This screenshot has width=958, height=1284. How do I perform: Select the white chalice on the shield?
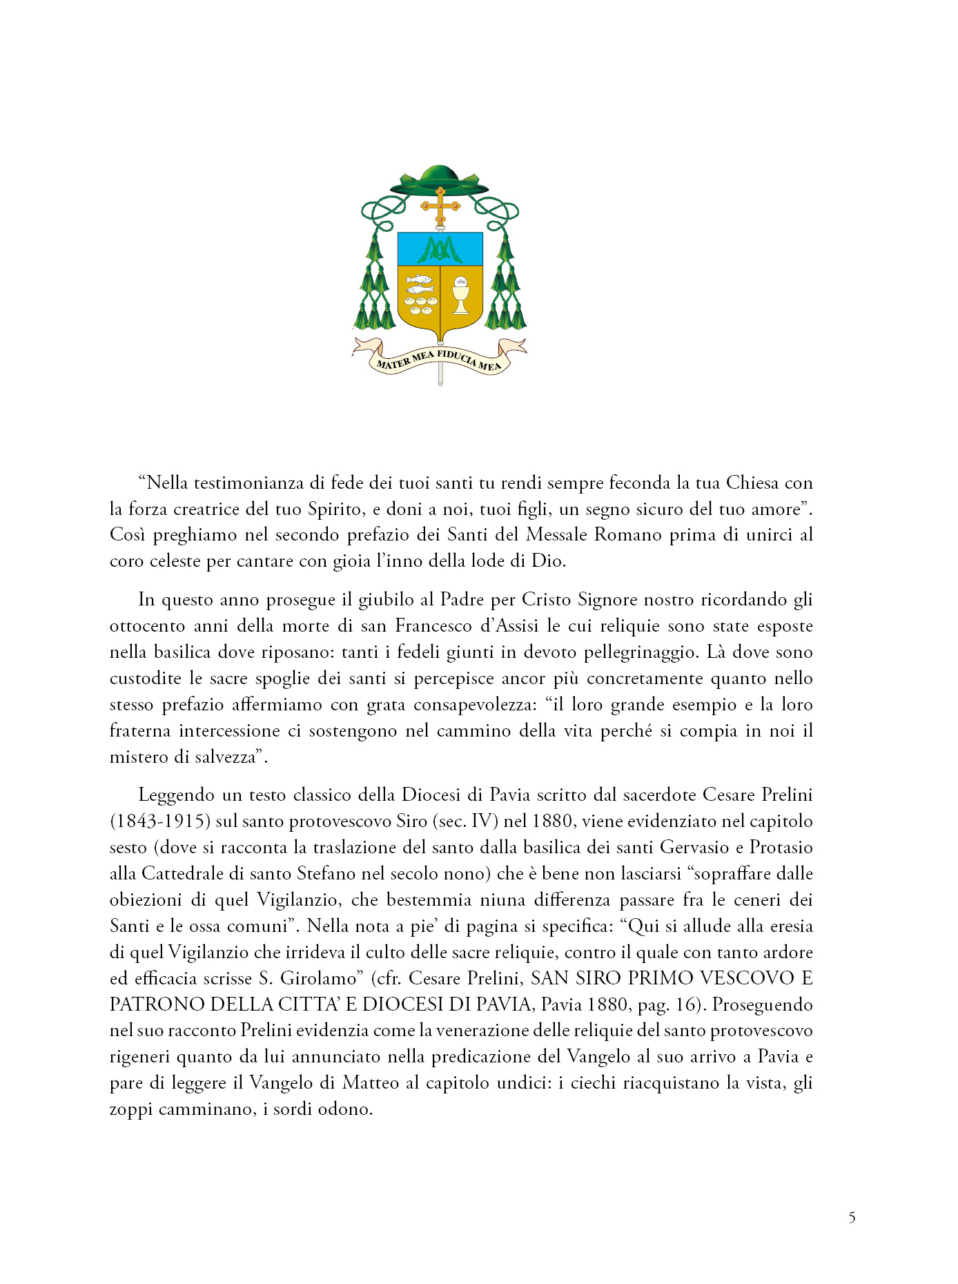point(460,297)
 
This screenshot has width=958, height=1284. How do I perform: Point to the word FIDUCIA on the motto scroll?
point(456,356)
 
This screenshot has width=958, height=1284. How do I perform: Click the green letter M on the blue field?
point(440,249)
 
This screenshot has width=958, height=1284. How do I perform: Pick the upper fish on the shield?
point(418,280)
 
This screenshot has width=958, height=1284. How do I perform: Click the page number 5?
point(852,1218)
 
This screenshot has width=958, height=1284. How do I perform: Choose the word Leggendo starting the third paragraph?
point(175,795)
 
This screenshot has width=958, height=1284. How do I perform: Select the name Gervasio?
point(694,847)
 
